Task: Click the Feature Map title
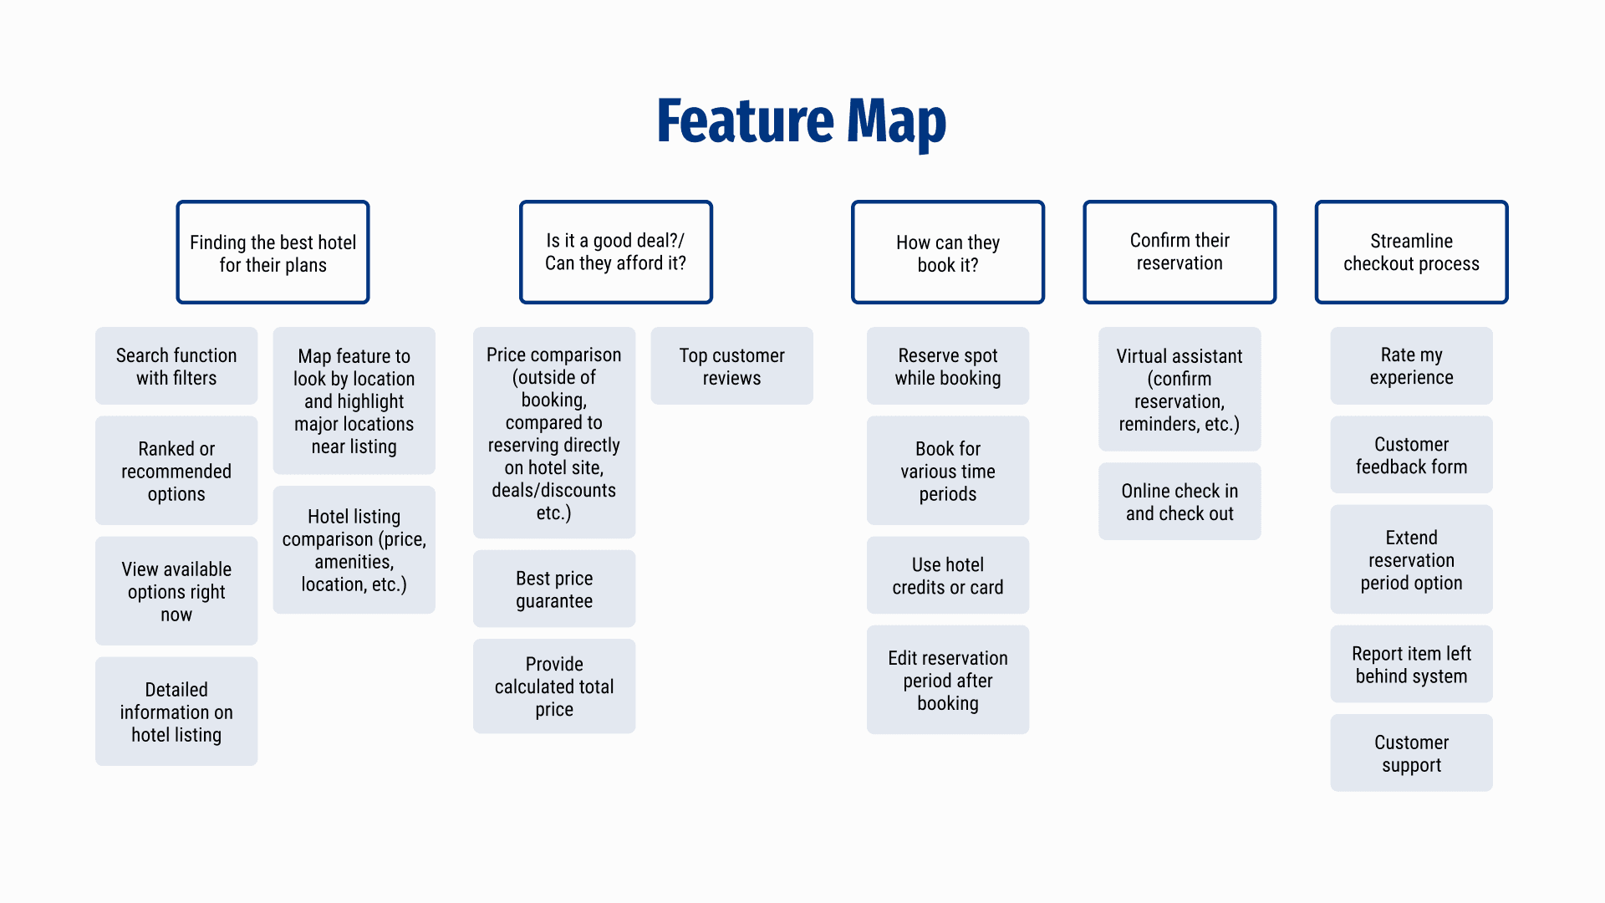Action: pyautogui.click(x=801, y=122)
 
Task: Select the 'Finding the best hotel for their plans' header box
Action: pyautogui.click(x=273, y=252)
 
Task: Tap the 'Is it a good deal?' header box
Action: pyautogui.click(x=616, y=252)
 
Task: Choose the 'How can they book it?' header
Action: pyautogui.click(x=948, y=252)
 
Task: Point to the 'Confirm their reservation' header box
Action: pyautogui.click(x=1180, y=252)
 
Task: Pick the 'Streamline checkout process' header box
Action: pyautogui.click(x=1411, y=252)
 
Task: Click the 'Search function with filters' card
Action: pyautogui.click(x=176, y=366)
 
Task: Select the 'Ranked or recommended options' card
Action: pyautogui.click(x=176, y=471)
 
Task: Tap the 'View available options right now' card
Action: pyautogui.click(x=176, y=591)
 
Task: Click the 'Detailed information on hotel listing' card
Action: pyautogui.click(x=176, y=712)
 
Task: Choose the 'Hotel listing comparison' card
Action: pyautogui.click(x=354, y=550)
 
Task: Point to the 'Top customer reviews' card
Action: pyautogui.click(x=732, y=366)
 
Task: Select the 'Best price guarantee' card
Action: pyautogui.click(x=554, y=589)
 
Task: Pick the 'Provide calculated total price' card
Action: pyautogui.click(x=554, y=686)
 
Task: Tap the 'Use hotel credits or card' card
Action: pyautogui.click(x=948, y=575)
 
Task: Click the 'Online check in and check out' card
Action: pyautogui.click(x=1180, y=502)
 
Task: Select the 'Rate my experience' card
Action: pyautogui.click(x=1411, y=366)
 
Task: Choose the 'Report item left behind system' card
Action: pyautogui.click(x=1411, y=664)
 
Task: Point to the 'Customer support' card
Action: pyautogui.click(x=1411, y=753)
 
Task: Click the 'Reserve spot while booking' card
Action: pyautogui.click(x=948, y=366)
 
